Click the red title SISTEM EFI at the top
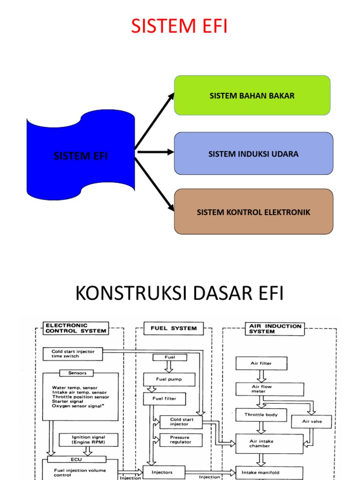click(x=180, y=26)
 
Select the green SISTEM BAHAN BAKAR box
click(x=252, y=96)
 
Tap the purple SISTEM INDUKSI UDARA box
click(x=253, y=154)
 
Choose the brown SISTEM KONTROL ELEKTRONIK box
click(x=253, y=212)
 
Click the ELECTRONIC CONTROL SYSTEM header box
click(x=75, y=328)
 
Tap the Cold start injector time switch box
click(x=72, y=354)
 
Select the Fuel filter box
click(x=164, y=399)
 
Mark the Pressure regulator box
click(x=180, y=440)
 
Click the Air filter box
click(x=261, y=363)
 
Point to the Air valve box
click(x=311, y=421)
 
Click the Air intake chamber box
click(x=269, y=443)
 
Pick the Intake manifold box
click(x=269, y=472)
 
